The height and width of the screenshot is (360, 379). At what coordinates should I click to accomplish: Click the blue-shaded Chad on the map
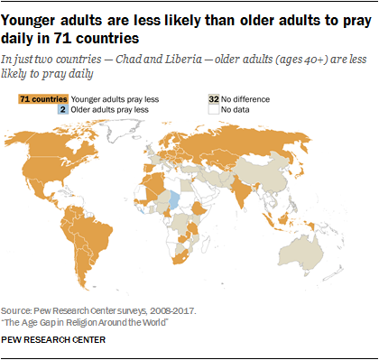pos(174,199)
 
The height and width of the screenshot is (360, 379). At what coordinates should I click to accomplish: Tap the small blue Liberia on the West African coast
pos(143,211)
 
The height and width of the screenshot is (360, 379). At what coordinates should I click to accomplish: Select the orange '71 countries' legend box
pos(43,99)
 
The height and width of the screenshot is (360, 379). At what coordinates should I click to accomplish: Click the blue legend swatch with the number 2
pos(63,109)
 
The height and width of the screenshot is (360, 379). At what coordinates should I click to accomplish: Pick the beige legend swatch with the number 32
pos(214,99)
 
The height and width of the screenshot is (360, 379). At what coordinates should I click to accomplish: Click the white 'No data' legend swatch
pos(214,109)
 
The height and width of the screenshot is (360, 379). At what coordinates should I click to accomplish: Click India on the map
pos(241,190)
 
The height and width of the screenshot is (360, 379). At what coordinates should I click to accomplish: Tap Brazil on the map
pos(92,235)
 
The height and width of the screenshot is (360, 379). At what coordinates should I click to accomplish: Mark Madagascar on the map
pos(206,245)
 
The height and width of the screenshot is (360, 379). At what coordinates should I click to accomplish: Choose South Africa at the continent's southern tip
pos(180,258)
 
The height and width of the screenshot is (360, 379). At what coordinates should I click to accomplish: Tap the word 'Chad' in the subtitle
pos(128,60)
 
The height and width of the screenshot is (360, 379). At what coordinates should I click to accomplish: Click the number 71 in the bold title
pos(62,39)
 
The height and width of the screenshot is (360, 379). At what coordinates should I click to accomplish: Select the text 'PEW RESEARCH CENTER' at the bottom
pos(53,340)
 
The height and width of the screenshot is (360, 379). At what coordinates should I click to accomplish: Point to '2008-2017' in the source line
pos(172,310)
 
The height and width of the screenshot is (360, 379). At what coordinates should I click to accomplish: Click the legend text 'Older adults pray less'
pos(109,110)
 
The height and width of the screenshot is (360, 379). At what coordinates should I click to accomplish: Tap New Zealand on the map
pos(334,273)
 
